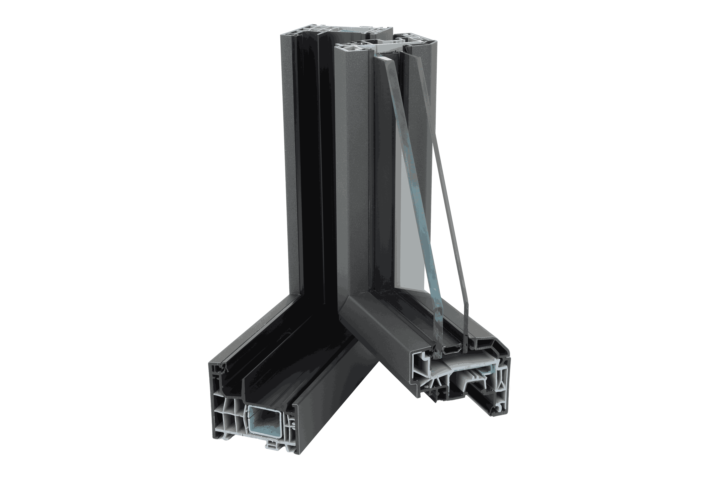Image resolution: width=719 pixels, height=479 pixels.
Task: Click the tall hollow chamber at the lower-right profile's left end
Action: tap(420, 370)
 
